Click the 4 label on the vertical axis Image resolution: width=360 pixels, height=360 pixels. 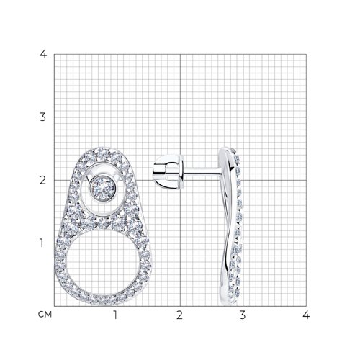(43, 54)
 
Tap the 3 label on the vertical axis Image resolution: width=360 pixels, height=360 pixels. (42, 117)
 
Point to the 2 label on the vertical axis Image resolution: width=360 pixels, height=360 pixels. (42, 180)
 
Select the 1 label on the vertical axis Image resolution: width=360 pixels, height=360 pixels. (42, 243)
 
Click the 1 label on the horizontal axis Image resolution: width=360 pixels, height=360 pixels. (116, 315)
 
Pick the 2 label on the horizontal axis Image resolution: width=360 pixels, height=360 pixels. (179, 315)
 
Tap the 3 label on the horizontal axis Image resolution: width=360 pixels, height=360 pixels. (243, 315)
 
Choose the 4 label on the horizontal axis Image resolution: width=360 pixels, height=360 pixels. (306, 315)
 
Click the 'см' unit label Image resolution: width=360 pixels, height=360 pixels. (45, 314)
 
